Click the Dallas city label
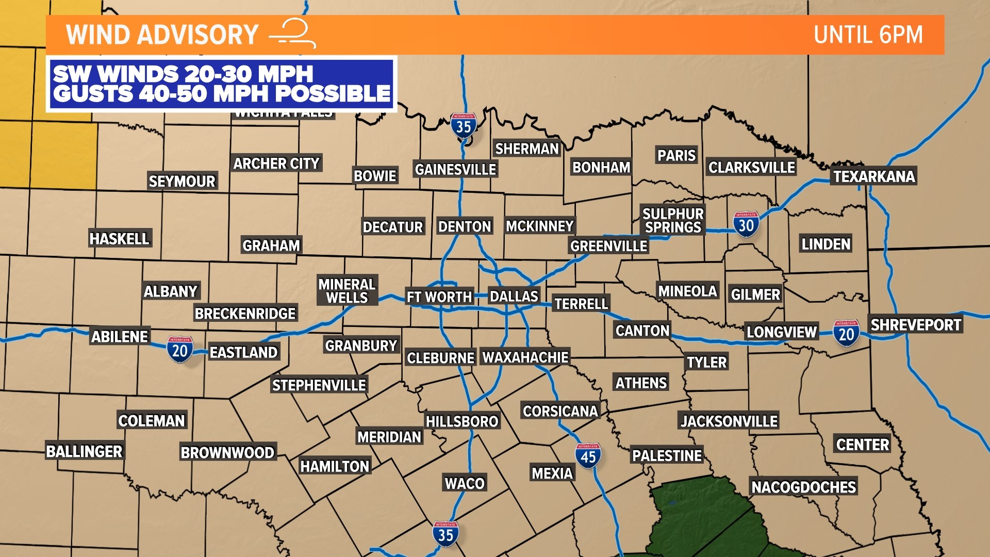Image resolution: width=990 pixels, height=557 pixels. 514,297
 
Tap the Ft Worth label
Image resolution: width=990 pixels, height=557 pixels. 439,297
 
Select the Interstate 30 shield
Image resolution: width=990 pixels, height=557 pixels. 746,224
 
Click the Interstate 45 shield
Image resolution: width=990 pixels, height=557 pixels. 588,456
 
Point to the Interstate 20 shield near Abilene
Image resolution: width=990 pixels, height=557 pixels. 180,350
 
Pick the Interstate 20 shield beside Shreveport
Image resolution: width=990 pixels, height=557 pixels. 846,333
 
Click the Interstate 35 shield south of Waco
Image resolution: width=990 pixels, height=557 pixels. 445,534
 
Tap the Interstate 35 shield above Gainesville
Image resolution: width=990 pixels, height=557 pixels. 464,125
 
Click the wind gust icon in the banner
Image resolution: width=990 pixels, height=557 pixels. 293,34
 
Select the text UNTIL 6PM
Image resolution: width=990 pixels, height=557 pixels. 868,35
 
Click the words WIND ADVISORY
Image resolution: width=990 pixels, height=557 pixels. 162,35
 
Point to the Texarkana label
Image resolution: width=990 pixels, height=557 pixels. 874,177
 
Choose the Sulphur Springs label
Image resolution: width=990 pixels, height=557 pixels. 673,221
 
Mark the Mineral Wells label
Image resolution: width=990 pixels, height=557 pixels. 347,291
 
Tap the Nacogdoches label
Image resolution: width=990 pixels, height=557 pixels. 803,487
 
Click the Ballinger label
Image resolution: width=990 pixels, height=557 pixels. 85,452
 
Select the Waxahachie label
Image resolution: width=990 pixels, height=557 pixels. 525,357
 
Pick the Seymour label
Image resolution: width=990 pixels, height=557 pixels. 182,182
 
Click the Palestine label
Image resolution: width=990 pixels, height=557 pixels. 667,456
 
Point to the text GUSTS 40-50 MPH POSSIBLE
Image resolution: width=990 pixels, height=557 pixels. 222,94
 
